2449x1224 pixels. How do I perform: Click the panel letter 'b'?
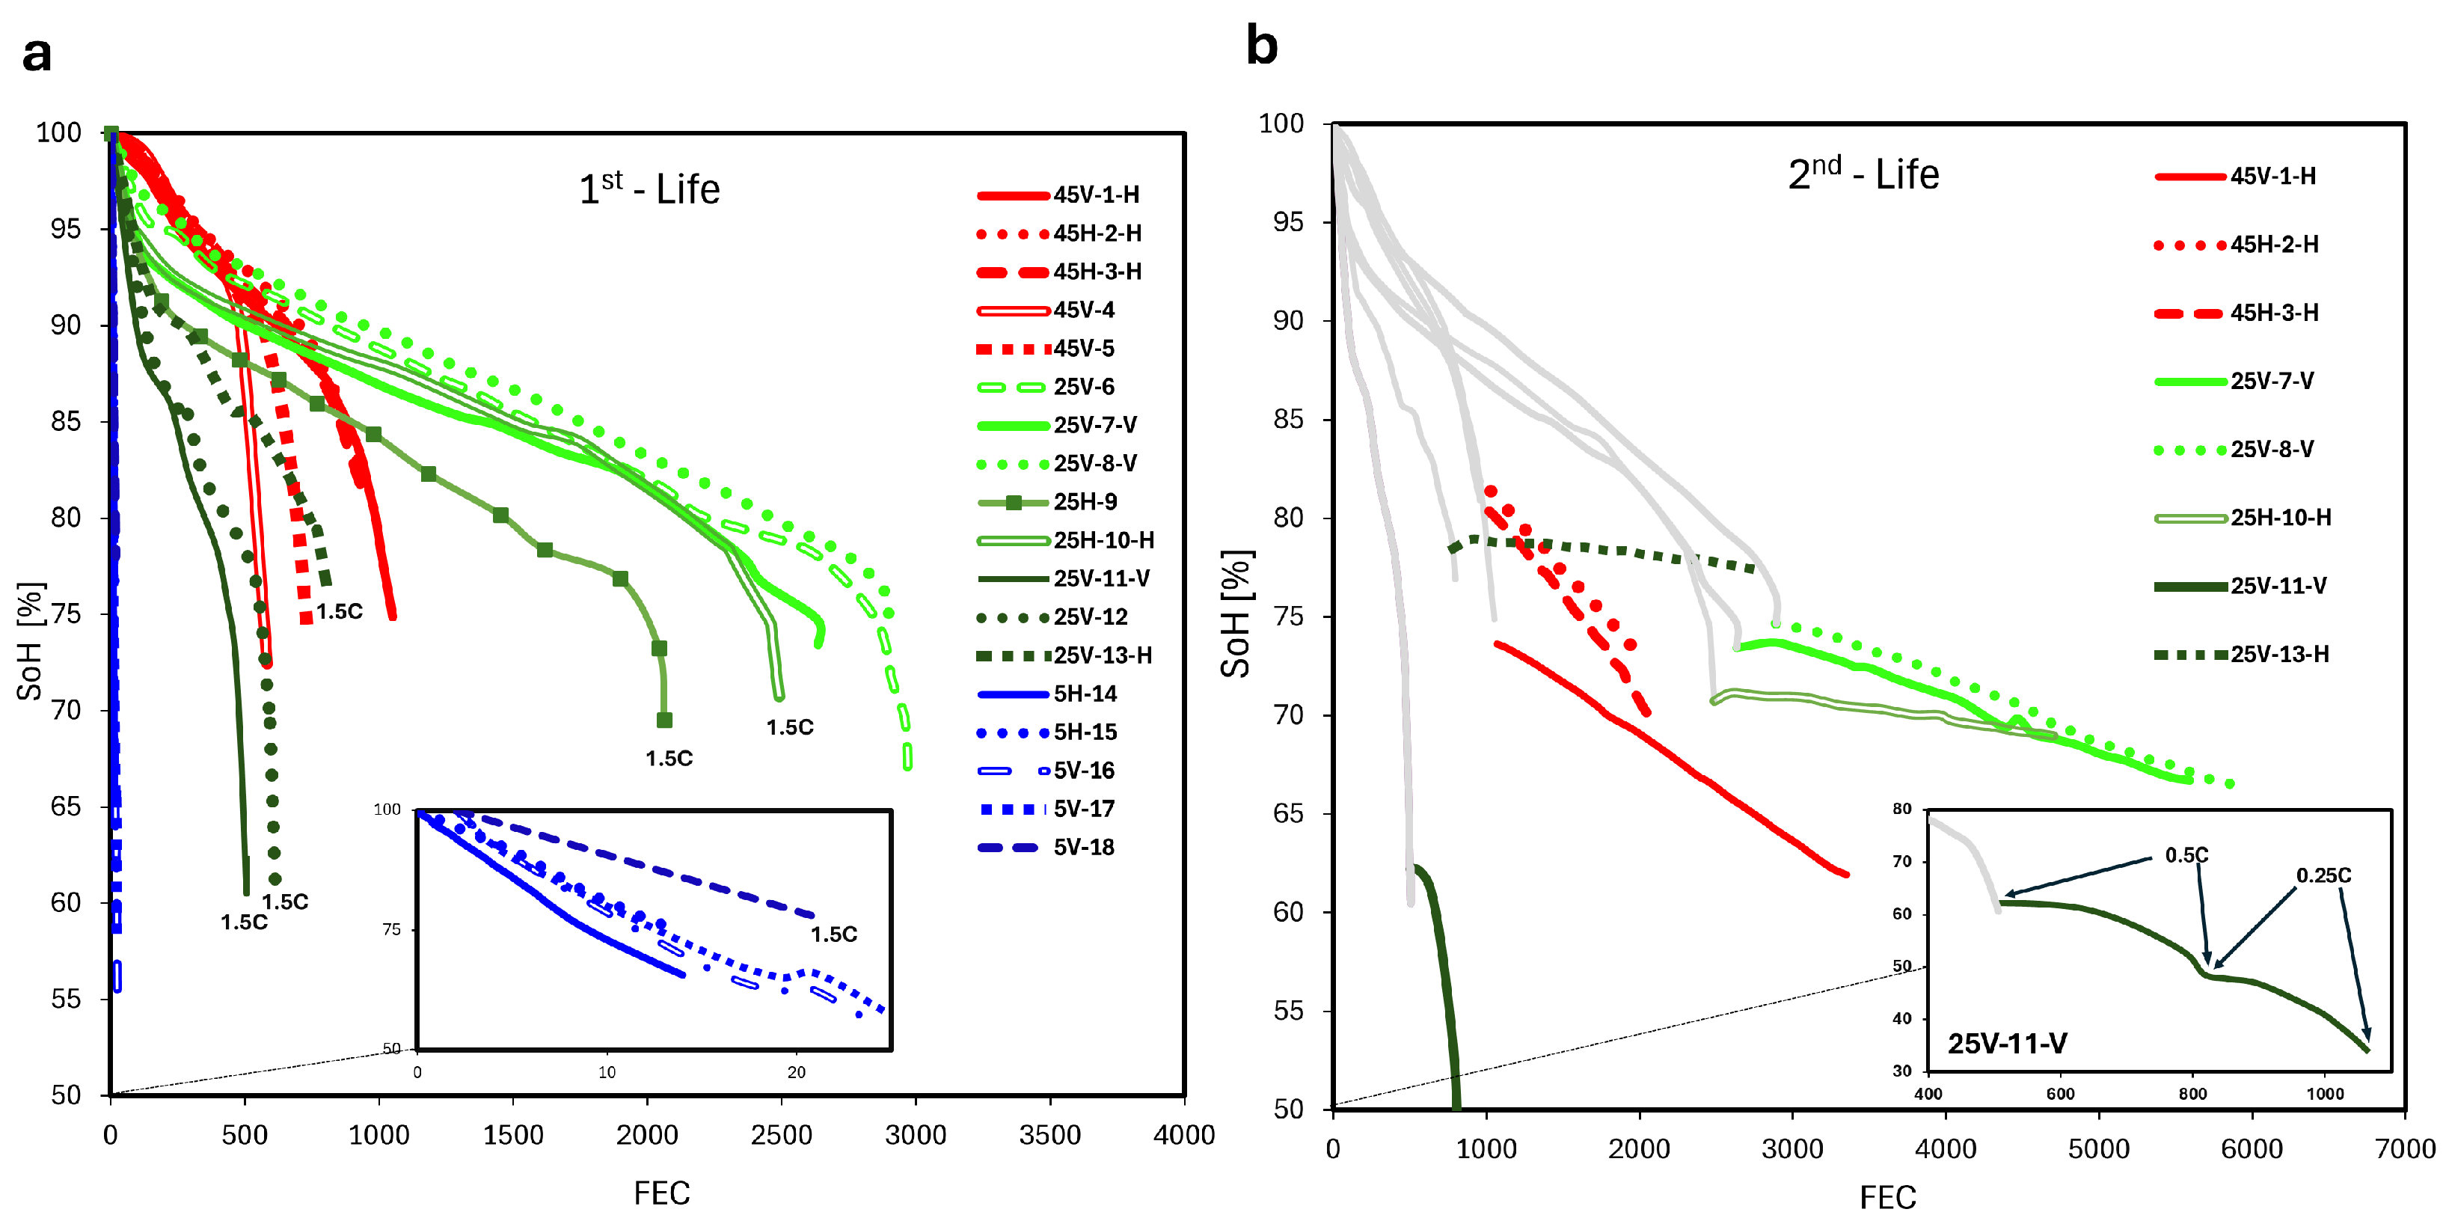point(1262,45)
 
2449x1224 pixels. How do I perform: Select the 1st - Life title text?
point(649,189)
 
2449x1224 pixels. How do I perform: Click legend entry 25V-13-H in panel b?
point(2242,655)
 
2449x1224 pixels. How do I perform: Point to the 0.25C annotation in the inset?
point(2323,875)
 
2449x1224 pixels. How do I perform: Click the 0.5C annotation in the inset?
point(2186,855)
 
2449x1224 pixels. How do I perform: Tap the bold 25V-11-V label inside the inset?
point(2007,1043)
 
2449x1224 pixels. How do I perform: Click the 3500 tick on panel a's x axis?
point(1049,1135)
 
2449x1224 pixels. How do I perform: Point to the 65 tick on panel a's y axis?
point(66,807)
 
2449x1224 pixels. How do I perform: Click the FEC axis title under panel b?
point(1888,1197)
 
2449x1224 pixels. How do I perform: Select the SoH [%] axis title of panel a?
point(31,641)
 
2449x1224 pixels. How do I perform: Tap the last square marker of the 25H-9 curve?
point(664,720)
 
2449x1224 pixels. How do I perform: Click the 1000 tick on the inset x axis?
point(2326,1094)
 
